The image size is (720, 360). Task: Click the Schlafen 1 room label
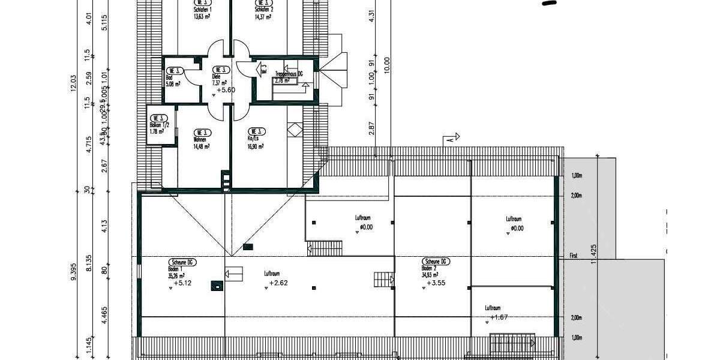[x=203, y=10]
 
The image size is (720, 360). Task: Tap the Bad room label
[x=169, y=77]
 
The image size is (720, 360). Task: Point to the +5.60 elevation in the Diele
[x=226, y=90]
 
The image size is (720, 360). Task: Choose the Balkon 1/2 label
[x=158, y=125]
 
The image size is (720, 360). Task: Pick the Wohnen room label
[x=200, y=139]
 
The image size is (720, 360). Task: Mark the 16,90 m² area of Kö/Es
[x=257, y=146]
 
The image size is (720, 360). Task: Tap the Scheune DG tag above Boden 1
[x=182, y=263]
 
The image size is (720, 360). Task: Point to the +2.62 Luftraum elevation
[x=279, y=283]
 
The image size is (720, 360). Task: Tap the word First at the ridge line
[x=573, y=256]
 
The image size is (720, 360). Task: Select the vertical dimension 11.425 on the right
[x=594, y=256]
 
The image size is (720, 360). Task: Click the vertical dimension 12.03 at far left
[x=74, y=83]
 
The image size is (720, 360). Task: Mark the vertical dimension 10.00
[x=387, y=64]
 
